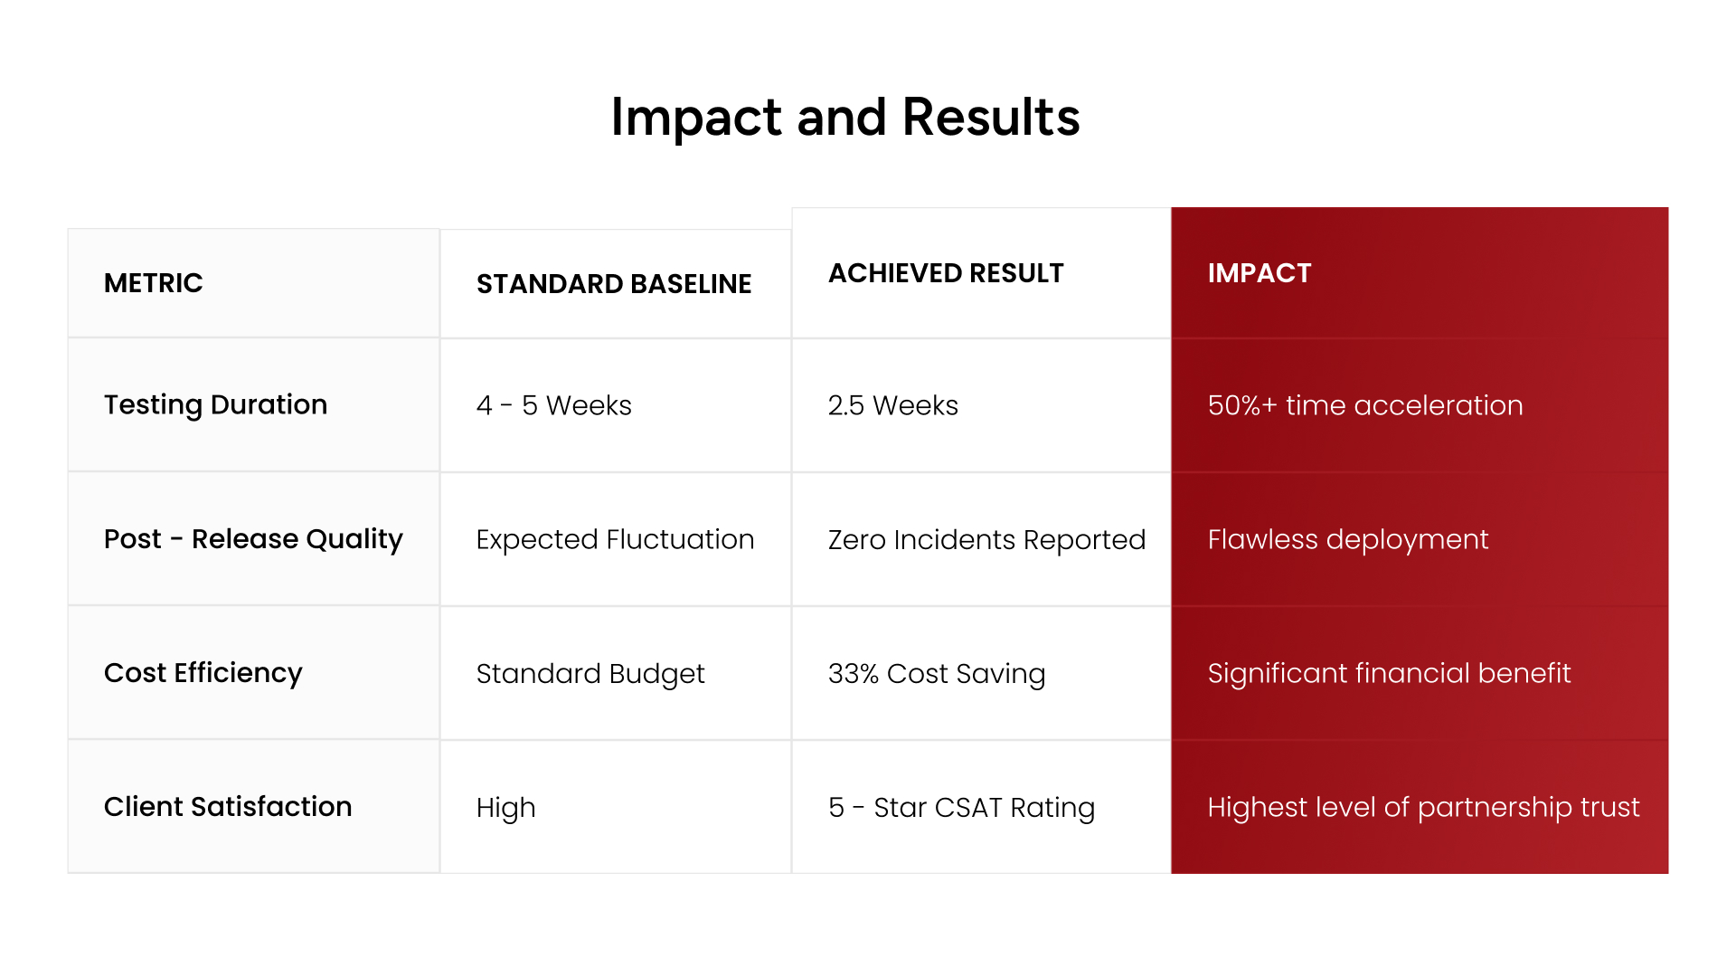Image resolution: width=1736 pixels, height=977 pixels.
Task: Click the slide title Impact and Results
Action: [845, 118]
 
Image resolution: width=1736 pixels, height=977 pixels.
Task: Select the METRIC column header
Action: [154, 283]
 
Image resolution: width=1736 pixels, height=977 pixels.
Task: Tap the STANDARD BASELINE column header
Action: [614, 284]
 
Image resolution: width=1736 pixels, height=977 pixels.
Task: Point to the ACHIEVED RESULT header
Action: [946, 273]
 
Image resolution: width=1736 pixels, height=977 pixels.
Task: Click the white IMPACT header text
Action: [1260, 273]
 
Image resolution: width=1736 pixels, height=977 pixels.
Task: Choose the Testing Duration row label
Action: [216, 405]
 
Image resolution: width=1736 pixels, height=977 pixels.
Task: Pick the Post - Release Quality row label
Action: [253, 539]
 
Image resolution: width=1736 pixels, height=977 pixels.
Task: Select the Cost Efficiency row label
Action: [203, 673]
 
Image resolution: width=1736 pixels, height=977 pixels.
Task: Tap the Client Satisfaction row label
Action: [228, 807]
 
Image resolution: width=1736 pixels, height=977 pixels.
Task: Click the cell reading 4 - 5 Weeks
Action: [554, 405]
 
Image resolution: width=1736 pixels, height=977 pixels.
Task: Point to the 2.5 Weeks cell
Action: [893, 405]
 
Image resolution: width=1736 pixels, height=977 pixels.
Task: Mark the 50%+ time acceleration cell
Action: [1365, 405]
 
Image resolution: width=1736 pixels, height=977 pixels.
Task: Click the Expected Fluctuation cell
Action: [616, 539]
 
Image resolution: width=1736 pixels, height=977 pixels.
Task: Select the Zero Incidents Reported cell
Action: [987, 540]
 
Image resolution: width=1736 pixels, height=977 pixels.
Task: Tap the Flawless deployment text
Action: [1348, 540]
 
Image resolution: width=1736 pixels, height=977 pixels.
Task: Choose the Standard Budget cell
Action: [590, 674]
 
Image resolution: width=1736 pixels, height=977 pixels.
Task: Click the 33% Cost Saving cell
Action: [937, 674]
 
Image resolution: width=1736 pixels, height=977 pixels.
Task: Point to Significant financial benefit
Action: [1390, 673]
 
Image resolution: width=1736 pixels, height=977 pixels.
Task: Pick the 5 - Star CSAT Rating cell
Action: [962, 808]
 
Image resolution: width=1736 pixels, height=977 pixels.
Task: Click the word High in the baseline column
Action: [506, 808]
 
